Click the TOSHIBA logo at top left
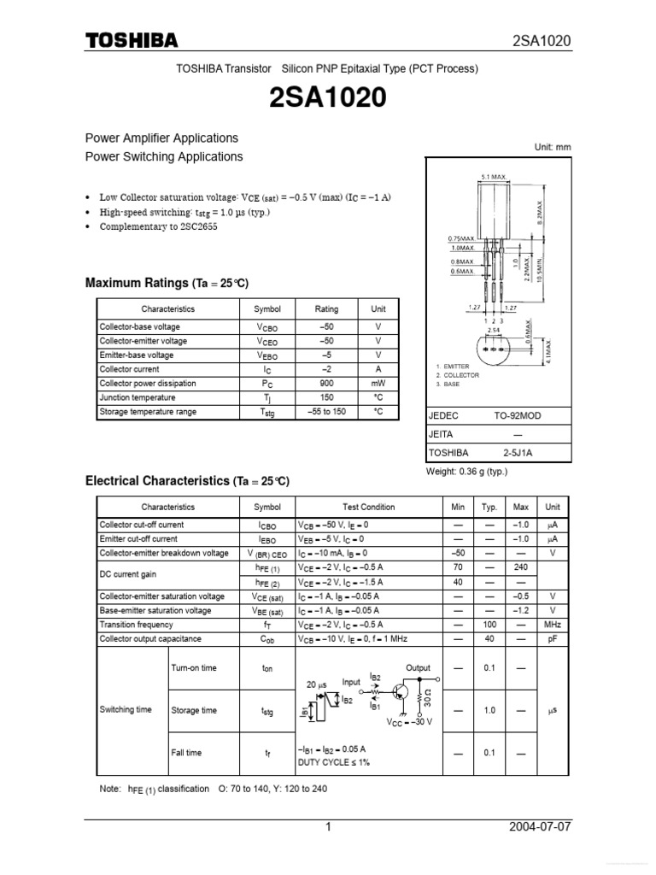pos(131,41)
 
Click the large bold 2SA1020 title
pos(328,100)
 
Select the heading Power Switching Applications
pos(164,157)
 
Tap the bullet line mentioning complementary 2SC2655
pos(160,227)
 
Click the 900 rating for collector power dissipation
pos(326,384)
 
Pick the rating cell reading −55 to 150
pos(326,412)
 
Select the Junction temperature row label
pos(138,398)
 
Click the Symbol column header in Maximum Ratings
pos(267,309)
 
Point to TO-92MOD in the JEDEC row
pos(518,415)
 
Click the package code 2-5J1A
pos(518,453)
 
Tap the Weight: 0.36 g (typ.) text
pos(466,472)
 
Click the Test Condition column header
pos(369,507)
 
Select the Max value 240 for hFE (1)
pos(520,567)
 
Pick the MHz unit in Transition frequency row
pos(553,625)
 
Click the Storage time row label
pos(194,711)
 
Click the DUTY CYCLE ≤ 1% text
pos(334,762)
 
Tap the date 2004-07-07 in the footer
pos(540,828)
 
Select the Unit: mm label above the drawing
pos(553,147)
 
